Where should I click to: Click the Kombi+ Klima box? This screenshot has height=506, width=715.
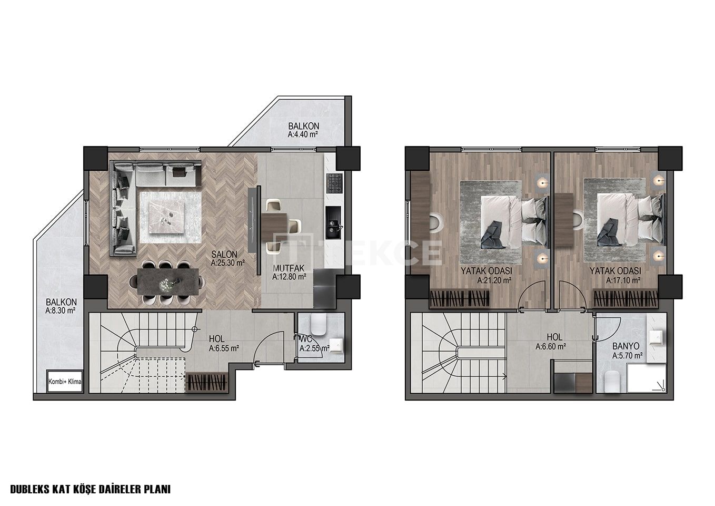click(x=65, y=381)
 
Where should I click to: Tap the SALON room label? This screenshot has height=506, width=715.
click(x=224, y=254)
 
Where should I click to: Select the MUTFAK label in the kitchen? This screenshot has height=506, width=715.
click(x=289, y=268)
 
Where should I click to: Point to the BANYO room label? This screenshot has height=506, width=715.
click(x=625, y=346)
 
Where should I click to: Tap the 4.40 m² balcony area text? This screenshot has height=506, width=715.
click(x=303, y=134)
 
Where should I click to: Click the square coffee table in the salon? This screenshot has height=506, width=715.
click(x=171, y=218)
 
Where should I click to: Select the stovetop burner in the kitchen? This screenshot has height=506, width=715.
click(x=334, y=183)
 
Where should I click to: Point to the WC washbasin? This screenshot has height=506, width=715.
click(x=336, y=345)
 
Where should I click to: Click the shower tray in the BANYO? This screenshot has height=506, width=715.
click(x=647, y=378)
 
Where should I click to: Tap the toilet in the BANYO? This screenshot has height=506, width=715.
click(x=612, y=382)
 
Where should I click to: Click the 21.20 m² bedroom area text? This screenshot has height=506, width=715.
click(x=494, y=280)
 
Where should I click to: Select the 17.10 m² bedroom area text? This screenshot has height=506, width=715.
click(x=623, y=280)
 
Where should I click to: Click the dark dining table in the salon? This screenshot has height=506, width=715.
click(x=168, y=281)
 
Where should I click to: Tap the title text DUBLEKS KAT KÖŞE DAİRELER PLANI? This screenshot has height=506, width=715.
click(x=91, y=489)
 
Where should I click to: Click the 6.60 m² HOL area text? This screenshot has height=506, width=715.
click(x=551, y=346)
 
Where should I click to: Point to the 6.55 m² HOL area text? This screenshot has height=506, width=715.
click(x=224, y=348)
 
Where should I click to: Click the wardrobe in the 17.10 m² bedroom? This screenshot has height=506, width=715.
click(x=626, y=299)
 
